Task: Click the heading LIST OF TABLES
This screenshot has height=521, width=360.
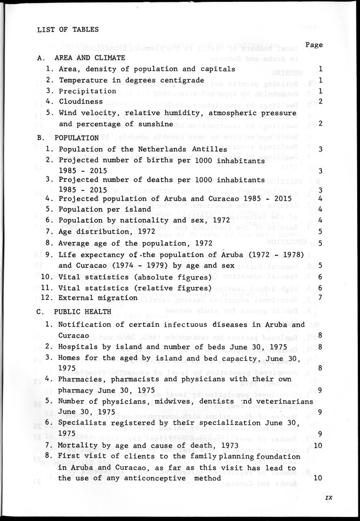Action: tap(67, 29)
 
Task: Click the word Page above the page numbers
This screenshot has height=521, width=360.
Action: tap(314, 45)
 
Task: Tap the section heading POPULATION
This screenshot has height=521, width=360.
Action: tap(77, 138)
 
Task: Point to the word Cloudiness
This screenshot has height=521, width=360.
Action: tap(82, 102)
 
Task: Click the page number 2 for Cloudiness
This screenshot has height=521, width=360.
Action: tap(322, 102)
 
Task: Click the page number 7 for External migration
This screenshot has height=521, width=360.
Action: tap(322, 297)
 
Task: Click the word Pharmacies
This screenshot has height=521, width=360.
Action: tap(82, 379)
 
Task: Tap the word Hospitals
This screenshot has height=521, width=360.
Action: tap(80, 347)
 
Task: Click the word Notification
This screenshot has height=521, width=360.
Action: tap(87, 325)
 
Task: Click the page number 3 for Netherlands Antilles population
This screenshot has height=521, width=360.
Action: tap(322, 149)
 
